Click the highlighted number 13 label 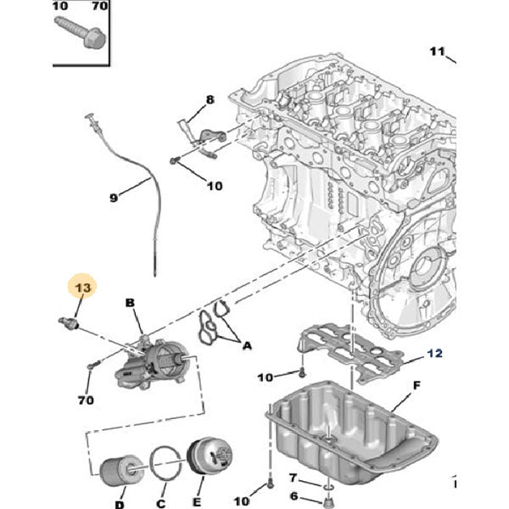coord(83,289)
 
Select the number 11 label coord(436,52)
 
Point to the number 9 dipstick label coord(113,199)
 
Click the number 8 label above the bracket coord(210,100)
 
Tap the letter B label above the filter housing coord(130,303)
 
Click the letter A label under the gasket coord(247,345)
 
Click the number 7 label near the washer coord(292,478)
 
